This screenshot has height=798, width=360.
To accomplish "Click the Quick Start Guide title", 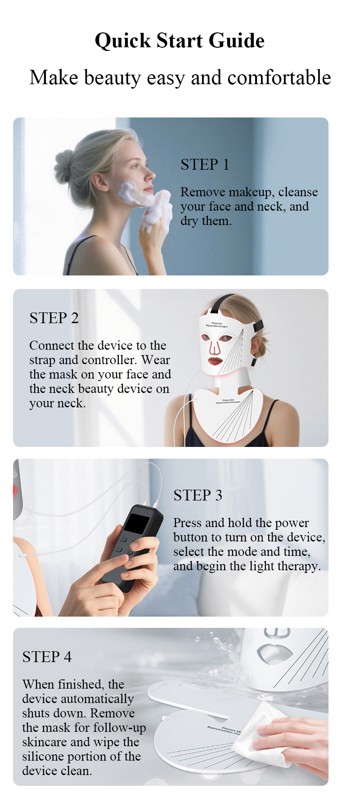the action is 180,41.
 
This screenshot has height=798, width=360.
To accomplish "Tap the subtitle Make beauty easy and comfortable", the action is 180,77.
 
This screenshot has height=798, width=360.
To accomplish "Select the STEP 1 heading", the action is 205,165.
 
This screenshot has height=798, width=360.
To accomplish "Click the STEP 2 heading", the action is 54,318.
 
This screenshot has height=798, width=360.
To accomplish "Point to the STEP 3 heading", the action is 198,496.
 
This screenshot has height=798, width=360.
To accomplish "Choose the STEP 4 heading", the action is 47,657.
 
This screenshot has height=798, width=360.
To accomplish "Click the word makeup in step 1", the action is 249,192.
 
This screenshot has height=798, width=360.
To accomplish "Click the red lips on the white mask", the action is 215,361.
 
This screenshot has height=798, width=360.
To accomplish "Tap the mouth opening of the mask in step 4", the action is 274,653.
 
